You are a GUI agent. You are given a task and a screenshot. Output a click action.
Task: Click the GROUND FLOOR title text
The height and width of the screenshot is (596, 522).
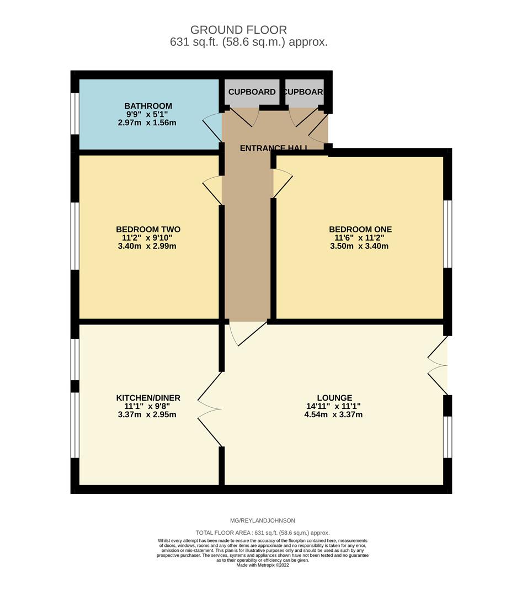(238, 30)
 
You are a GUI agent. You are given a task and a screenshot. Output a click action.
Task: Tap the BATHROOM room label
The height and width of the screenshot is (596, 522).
(148, 106)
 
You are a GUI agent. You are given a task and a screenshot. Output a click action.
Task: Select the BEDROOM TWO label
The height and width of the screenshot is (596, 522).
(148, 230)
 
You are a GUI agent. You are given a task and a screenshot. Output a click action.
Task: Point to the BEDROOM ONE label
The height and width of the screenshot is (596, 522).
(360, 230)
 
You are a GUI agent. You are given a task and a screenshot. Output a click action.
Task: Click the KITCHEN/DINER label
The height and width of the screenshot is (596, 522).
(148, 398)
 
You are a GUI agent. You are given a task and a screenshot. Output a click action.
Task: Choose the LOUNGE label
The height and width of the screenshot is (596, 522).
(334, 398)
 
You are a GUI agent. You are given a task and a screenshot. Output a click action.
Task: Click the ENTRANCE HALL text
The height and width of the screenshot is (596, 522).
(274, 148)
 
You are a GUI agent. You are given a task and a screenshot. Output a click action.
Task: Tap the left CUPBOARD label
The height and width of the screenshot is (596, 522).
(252, 92)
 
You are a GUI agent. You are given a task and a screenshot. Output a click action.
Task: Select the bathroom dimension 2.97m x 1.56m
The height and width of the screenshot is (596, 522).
(147, 123)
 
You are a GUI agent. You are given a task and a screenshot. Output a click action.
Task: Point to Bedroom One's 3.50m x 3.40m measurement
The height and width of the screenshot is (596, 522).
(359, 246)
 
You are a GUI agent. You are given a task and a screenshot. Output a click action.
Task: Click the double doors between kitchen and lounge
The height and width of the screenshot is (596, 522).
(210, 409)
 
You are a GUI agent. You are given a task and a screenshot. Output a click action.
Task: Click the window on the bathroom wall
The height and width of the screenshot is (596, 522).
(75, 113)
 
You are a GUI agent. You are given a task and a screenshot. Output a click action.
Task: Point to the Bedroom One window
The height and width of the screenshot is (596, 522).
(448, 234)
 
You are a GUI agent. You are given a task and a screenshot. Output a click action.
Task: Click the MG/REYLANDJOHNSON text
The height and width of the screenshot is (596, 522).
(262, 520)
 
